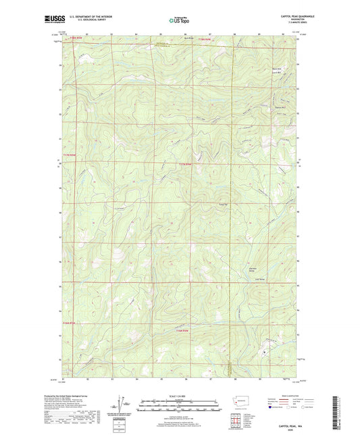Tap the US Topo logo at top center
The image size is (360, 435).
coord(180,21)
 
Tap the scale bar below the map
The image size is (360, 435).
coord(180,407)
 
